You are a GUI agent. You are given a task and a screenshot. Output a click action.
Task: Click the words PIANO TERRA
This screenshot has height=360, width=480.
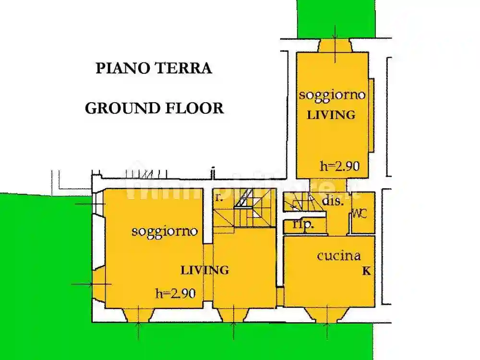(154, 68)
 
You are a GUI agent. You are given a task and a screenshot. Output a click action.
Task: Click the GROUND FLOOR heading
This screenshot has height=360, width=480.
(154, 108)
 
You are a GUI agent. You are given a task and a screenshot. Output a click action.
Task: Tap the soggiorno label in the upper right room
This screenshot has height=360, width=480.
(332, 95)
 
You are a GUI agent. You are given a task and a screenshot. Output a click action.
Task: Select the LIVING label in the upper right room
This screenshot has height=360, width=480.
(331, 115)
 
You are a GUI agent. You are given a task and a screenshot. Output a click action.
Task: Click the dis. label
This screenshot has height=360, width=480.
(333, 202)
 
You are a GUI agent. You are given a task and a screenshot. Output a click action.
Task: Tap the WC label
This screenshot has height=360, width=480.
(360, 214)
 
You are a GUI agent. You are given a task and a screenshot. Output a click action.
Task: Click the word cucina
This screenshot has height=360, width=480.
(339, 255)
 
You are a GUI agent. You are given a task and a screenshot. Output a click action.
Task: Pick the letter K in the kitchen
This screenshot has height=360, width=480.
(366, 271)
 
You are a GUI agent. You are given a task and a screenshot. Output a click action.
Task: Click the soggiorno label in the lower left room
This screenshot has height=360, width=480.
(165, 231)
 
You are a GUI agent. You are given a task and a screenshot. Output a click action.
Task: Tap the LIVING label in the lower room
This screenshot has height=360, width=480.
(204, 270)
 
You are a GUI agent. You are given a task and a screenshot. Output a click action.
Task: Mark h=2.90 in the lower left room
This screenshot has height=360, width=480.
(175, 293)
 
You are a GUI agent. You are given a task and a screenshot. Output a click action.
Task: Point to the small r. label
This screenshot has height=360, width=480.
(218, 198)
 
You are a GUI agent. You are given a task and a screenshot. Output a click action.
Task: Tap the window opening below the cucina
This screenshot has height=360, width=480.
(327, 314)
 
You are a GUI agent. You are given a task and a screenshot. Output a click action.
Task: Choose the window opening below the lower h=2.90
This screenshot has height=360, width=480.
(138, 315)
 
